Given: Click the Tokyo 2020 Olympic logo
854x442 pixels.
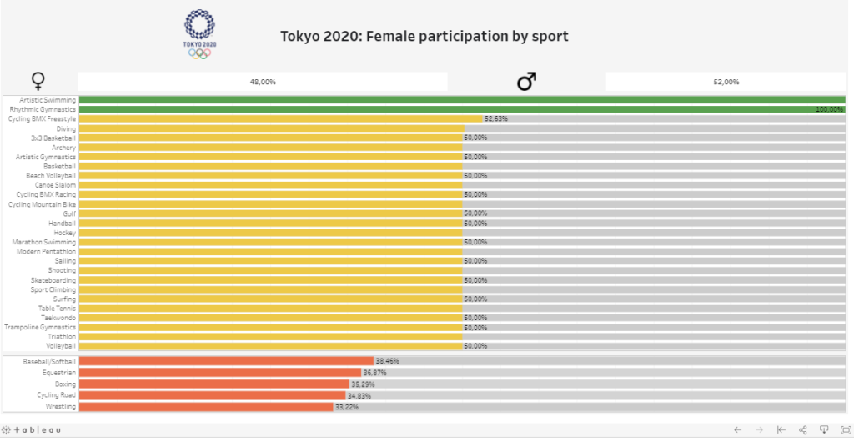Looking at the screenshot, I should coord(198,33).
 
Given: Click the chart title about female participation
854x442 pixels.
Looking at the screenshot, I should coord(424,37).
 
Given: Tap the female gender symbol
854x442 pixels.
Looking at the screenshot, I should coord(38,81).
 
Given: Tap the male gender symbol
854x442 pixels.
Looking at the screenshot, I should coord(526,81).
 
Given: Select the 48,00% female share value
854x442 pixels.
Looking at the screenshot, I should coord(263,82).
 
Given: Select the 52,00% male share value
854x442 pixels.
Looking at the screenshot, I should coord(726,82).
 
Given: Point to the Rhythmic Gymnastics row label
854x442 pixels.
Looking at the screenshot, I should coord(43,109).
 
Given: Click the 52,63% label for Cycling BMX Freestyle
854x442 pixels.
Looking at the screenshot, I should coord(495,118).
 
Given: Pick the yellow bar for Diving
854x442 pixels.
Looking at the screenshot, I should coord(271,128).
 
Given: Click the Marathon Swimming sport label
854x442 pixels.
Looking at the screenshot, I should coord(43,242).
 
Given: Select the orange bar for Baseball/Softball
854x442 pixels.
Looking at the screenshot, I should coord(226,361).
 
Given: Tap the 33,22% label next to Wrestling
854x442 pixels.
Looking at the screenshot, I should coord(345,407).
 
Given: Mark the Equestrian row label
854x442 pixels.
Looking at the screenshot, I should coord(59,373).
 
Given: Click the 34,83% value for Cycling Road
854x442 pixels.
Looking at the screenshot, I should coord(359,395).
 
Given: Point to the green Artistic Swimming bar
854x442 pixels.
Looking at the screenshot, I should coord(463,100).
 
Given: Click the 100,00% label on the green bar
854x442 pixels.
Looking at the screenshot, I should coord(829,109).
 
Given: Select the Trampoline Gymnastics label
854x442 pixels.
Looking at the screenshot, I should coord(42,327).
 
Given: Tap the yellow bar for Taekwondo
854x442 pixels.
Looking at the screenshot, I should coord(271,318).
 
